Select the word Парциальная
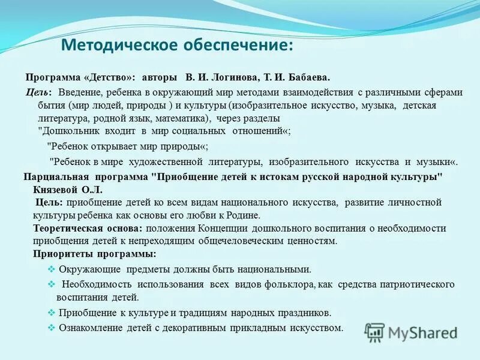[56, 177]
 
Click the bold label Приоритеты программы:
[86, 254]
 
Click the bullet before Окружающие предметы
[51, 269]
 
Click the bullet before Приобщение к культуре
[51, 313]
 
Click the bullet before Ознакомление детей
[51, 328]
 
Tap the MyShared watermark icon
[375, 332]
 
